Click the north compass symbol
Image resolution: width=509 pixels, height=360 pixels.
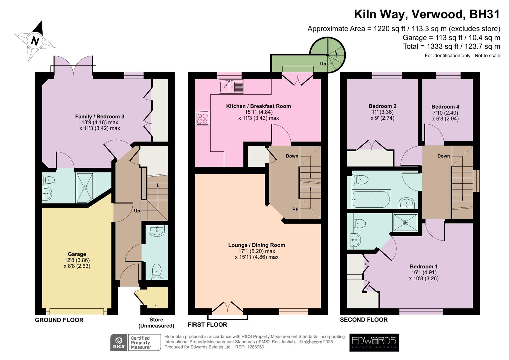[x=35, y=41]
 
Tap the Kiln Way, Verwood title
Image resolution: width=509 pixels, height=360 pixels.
[x=427, y=14]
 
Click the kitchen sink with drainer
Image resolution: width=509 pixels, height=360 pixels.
[x=231, y=86]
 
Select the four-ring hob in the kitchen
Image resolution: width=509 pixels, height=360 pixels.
[x=202, y=117]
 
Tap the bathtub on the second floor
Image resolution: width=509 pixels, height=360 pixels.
[x=371, y=200]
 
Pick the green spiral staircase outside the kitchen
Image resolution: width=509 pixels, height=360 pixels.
[x=328, y=55]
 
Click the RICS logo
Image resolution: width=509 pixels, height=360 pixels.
[x=119, y=342]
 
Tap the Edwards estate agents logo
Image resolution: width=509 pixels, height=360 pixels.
[x=374, y=342]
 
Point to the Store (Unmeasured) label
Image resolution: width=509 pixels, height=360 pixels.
[x=156, y=323]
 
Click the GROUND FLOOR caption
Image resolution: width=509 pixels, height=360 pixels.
[x=59, y=320]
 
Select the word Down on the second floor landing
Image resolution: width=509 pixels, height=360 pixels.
[x=443, y=156]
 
